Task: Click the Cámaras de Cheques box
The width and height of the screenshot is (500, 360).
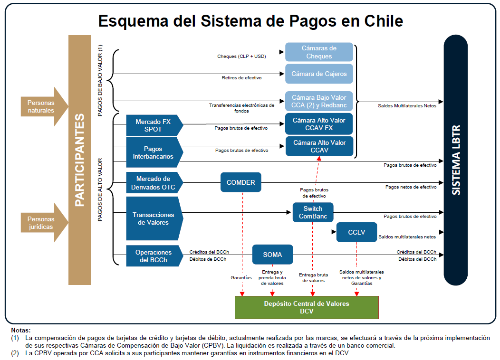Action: pos(319,52)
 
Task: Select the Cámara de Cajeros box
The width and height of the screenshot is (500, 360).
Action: pos(319,74)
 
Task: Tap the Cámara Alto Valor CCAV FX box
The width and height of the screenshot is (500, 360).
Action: pos(319,124)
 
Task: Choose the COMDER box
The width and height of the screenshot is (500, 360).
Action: pos(240,182)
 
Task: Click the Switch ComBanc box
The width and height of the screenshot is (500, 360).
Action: pos(313,212)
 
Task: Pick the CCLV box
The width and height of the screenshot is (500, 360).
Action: pos(356,232)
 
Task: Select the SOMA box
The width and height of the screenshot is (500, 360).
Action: pos(272,255)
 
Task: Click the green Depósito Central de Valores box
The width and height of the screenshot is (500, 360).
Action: pos(307,307)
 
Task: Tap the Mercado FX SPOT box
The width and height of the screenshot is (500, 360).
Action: pos(153,125)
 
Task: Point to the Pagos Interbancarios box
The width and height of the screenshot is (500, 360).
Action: pos(153,152)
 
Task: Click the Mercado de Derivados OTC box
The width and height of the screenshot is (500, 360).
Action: pos(153,183)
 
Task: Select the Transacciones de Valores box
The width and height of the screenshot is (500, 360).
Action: pos(151,218)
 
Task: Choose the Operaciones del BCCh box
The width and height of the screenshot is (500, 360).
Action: pos(153,256)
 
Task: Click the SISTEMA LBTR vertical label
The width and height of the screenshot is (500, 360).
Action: pos(456,160)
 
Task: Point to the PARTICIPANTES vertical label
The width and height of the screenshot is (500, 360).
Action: pos(79,160)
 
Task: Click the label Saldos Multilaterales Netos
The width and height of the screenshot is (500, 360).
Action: pos(407,106)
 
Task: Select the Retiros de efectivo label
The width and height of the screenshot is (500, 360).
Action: pos(241,77)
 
